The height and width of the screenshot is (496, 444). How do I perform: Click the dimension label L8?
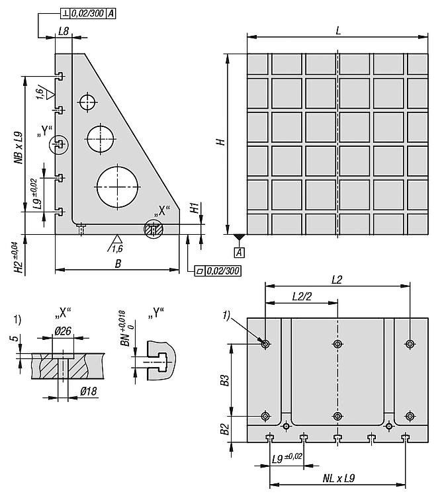[64, 31]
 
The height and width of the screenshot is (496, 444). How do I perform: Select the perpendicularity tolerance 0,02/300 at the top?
[88, 13]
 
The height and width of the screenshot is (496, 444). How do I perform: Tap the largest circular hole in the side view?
[117, 187]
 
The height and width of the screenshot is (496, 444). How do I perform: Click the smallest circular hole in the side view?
[87, 102]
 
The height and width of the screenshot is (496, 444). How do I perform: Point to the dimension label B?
[118, 263]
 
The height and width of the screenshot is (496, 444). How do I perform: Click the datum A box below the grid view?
[240, 253]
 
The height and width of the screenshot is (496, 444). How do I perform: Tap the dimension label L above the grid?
[338, 30]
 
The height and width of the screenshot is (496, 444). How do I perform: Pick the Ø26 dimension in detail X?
[63, 331]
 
